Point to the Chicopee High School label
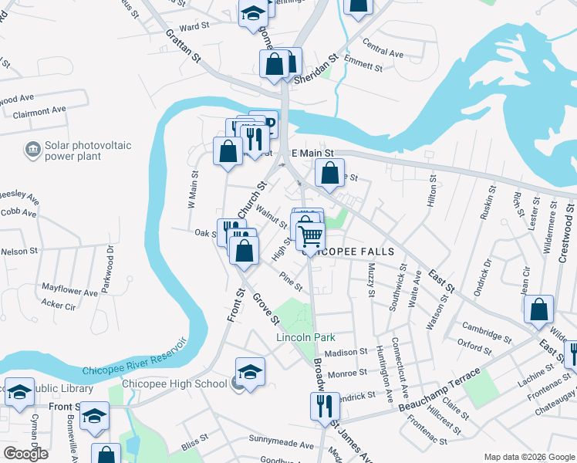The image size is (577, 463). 174,384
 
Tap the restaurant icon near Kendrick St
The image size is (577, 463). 324,404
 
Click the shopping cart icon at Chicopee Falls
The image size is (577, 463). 309,235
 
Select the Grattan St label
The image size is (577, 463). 184,46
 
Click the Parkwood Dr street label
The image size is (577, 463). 110,265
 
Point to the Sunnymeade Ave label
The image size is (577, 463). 281,445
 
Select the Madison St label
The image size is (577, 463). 346,352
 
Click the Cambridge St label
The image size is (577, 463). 487,333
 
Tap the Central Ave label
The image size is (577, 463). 383,54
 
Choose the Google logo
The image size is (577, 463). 25,454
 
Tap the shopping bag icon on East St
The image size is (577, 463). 539,309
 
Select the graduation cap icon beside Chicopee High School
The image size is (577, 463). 250,372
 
